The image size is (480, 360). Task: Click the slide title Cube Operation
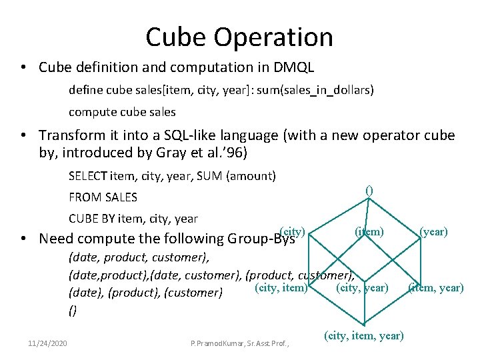239,37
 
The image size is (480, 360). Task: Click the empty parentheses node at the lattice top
369,190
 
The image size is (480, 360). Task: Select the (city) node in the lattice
293,231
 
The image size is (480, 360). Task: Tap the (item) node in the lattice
369,232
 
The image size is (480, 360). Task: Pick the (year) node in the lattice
433,232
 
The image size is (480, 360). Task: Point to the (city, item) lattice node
281,287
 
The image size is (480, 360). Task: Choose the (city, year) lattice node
363,287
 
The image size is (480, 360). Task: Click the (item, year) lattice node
435,287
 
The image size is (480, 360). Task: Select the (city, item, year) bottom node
364,335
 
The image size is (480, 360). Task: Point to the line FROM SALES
103,197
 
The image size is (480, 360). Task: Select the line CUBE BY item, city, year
133,218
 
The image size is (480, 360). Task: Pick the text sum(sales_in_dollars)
323,89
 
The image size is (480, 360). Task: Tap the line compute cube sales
122,111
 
